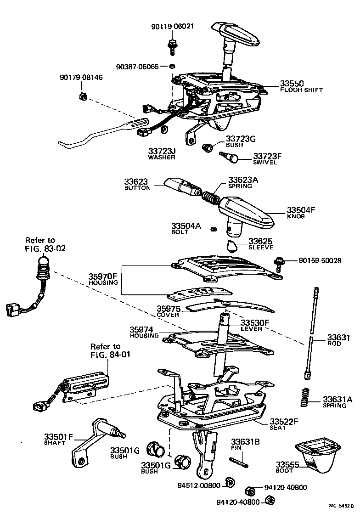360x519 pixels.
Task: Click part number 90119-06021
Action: point(173,27)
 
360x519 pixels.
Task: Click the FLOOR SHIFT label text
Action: point(301,90)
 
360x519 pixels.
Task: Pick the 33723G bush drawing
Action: point(208,147)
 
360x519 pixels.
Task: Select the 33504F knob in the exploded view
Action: point(248,212)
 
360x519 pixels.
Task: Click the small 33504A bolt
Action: point(214,229)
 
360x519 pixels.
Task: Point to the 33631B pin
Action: point(239,460)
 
